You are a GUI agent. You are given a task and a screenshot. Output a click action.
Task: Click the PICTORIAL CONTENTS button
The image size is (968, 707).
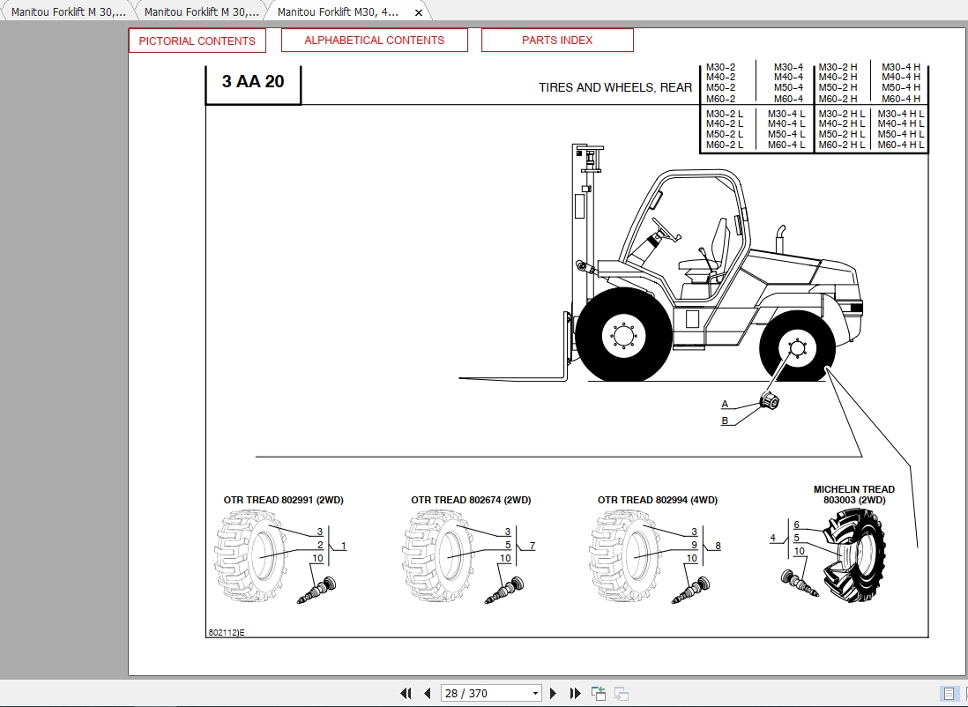click(197, 41)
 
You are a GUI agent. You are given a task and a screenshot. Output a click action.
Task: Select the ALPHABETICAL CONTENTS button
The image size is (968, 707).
click(374, 40)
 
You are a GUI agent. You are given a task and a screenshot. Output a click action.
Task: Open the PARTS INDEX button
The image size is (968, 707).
click(557, 40)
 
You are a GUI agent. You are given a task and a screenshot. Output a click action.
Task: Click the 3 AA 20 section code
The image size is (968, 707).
click(253, 82)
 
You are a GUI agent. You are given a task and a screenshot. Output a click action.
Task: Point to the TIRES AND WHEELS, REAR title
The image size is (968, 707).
click(615, 87)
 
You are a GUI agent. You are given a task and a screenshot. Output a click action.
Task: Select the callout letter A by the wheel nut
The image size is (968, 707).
click(725, 405)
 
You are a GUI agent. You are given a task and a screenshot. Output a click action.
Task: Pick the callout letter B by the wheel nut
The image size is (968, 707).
click(725, 420)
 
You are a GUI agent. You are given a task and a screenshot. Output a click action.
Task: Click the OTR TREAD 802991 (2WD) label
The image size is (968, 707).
click(283, 500)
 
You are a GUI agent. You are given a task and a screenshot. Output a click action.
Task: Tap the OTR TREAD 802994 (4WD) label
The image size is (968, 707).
click(658, 500)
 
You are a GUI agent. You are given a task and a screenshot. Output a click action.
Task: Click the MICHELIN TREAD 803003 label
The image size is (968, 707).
click(853, 495)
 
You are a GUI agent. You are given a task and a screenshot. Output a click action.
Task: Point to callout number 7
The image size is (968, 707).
click(532, 547)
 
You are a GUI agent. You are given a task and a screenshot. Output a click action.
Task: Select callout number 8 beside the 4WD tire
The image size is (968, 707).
click(719, 547)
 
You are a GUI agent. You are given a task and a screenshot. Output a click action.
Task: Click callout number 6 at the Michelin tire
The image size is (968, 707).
click(796, 525)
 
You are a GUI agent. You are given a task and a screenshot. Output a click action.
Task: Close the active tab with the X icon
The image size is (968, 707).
click(419, 12)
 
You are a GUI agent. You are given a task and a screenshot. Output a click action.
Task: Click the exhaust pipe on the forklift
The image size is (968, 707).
click(780, 242)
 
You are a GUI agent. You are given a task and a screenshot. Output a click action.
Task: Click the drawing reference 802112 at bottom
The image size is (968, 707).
click(226, 632)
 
